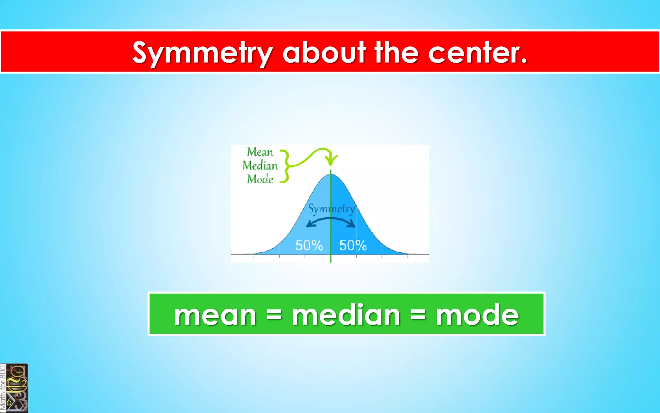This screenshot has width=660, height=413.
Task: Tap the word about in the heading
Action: [324, 53]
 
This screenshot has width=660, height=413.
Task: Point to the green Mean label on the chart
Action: [260, 152]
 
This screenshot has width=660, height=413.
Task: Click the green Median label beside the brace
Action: [260, 166]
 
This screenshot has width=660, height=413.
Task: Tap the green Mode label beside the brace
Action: [260, 179]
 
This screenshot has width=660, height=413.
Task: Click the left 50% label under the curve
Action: [309, 246]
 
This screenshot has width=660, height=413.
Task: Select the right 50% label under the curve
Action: [353, 246]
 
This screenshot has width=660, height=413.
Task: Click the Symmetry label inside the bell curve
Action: [331, 209]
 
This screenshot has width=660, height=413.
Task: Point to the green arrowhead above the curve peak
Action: [331, 160]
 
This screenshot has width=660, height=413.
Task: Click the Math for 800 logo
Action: [14, 388]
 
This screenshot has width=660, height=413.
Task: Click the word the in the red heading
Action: [397, 53]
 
